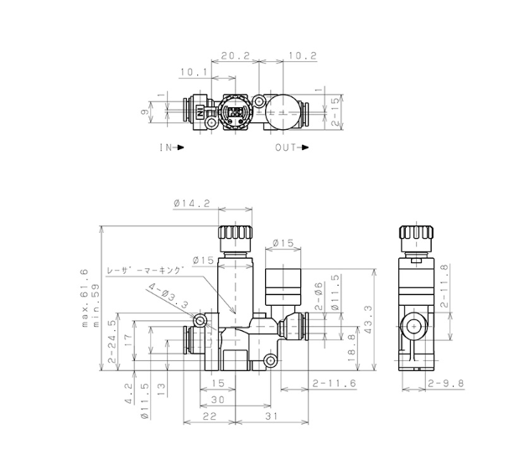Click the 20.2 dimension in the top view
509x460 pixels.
236,55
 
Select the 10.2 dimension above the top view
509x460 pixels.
303,55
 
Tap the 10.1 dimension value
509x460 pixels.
194,72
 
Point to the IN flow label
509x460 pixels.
172,147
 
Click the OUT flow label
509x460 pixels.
292,147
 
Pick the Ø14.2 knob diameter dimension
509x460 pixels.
192,204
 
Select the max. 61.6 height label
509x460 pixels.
85,297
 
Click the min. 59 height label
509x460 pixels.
96,305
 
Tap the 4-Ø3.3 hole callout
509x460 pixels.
169,296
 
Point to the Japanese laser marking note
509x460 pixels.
146,271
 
